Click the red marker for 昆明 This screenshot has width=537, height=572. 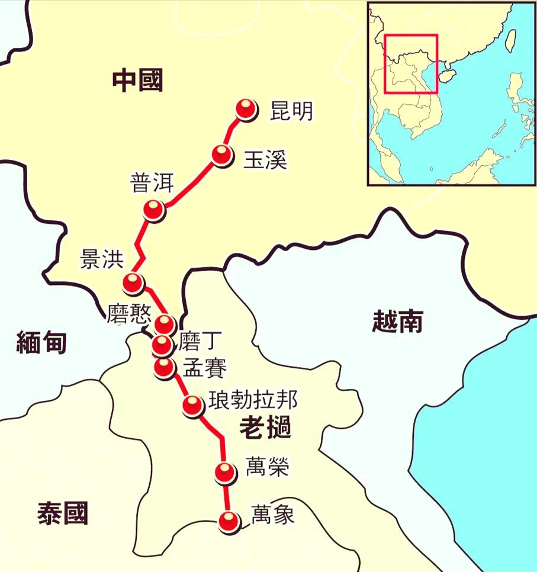[x=246, y=109]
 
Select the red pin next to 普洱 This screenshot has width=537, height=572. [x=153, y=209]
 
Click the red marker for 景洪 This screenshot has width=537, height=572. [x=133, y=282]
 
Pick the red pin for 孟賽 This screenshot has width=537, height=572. [x=163, y=367]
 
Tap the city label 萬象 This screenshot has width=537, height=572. [x=272, y=513]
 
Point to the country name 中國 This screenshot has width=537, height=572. [x=137, y=81]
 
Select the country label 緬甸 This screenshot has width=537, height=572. [x=41, y=342]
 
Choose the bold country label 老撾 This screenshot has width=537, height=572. [x=265, y=428]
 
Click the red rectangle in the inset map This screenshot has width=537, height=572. [x=411, y=64]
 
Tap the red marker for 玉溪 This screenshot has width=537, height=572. [x=221, y=155]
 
